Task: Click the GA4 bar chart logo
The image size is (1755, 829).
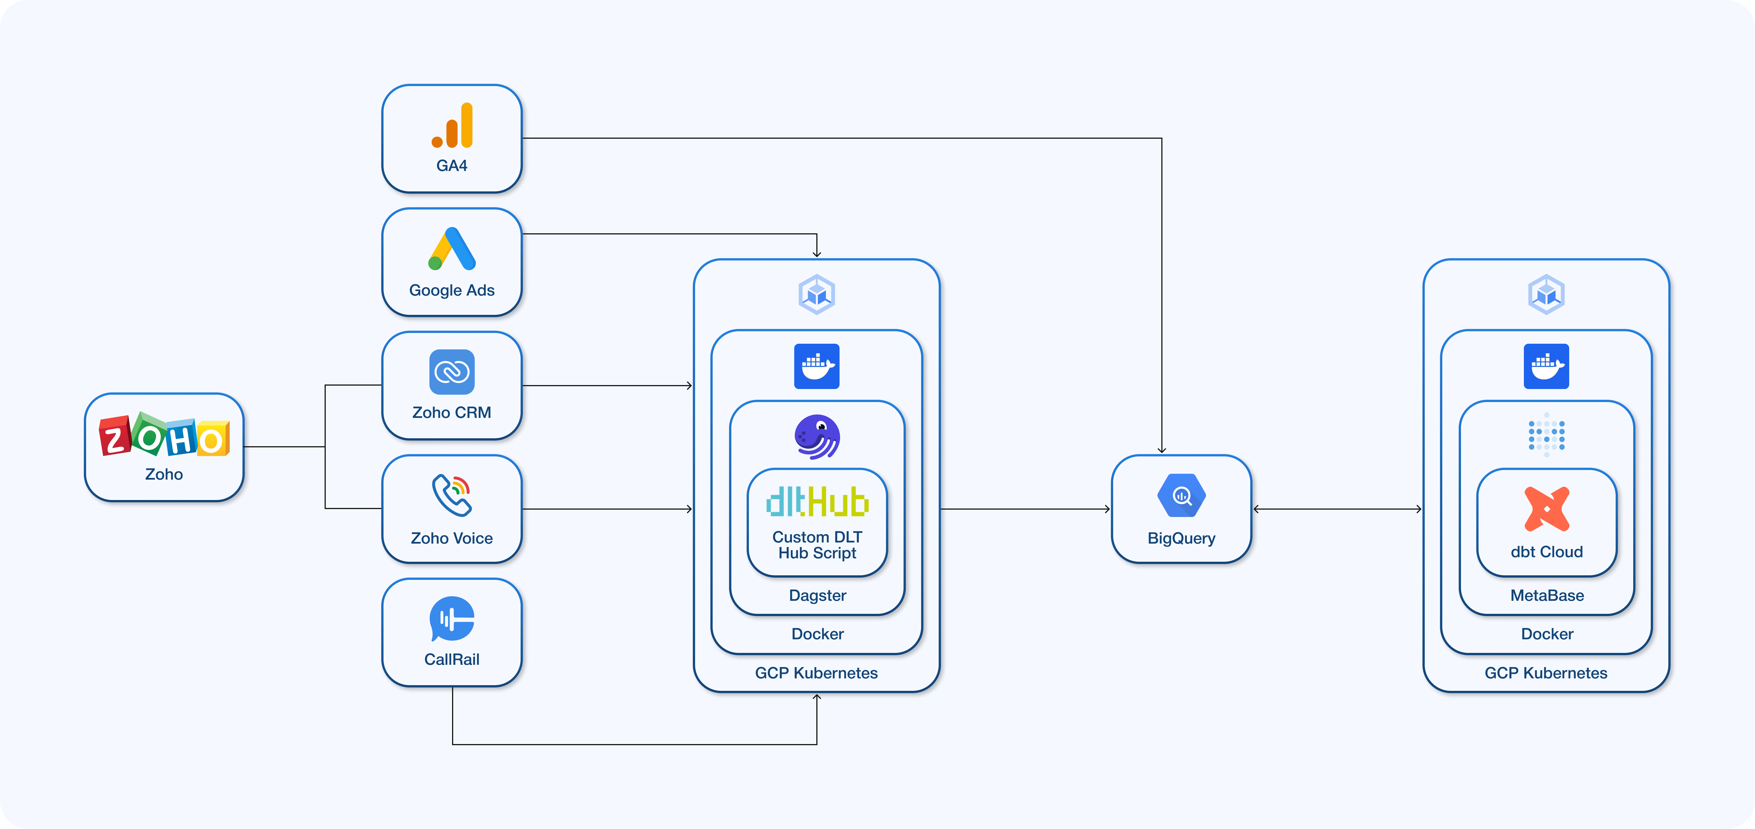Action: pos(452,126)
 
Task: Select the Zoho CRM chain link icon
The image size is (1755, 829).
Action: pos(452,372)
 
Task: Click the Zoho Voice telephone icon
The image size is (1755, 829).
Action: pos(452,495)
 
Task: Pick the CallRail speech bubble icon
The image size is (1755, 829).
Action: pos(452,619)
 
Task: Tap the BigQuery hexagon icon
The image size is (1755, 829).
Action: pos(1181,496)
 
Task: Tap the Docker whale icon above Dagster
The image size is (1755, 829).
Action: pos(817,366)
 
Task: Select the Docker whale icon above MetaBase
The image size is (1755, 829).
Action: pos(1547,366)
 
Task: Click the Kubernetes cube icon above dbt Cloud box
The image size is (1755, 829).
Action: pos(1547,294)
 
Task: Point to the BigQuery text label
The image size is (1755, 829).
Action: pos(1181,538)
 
